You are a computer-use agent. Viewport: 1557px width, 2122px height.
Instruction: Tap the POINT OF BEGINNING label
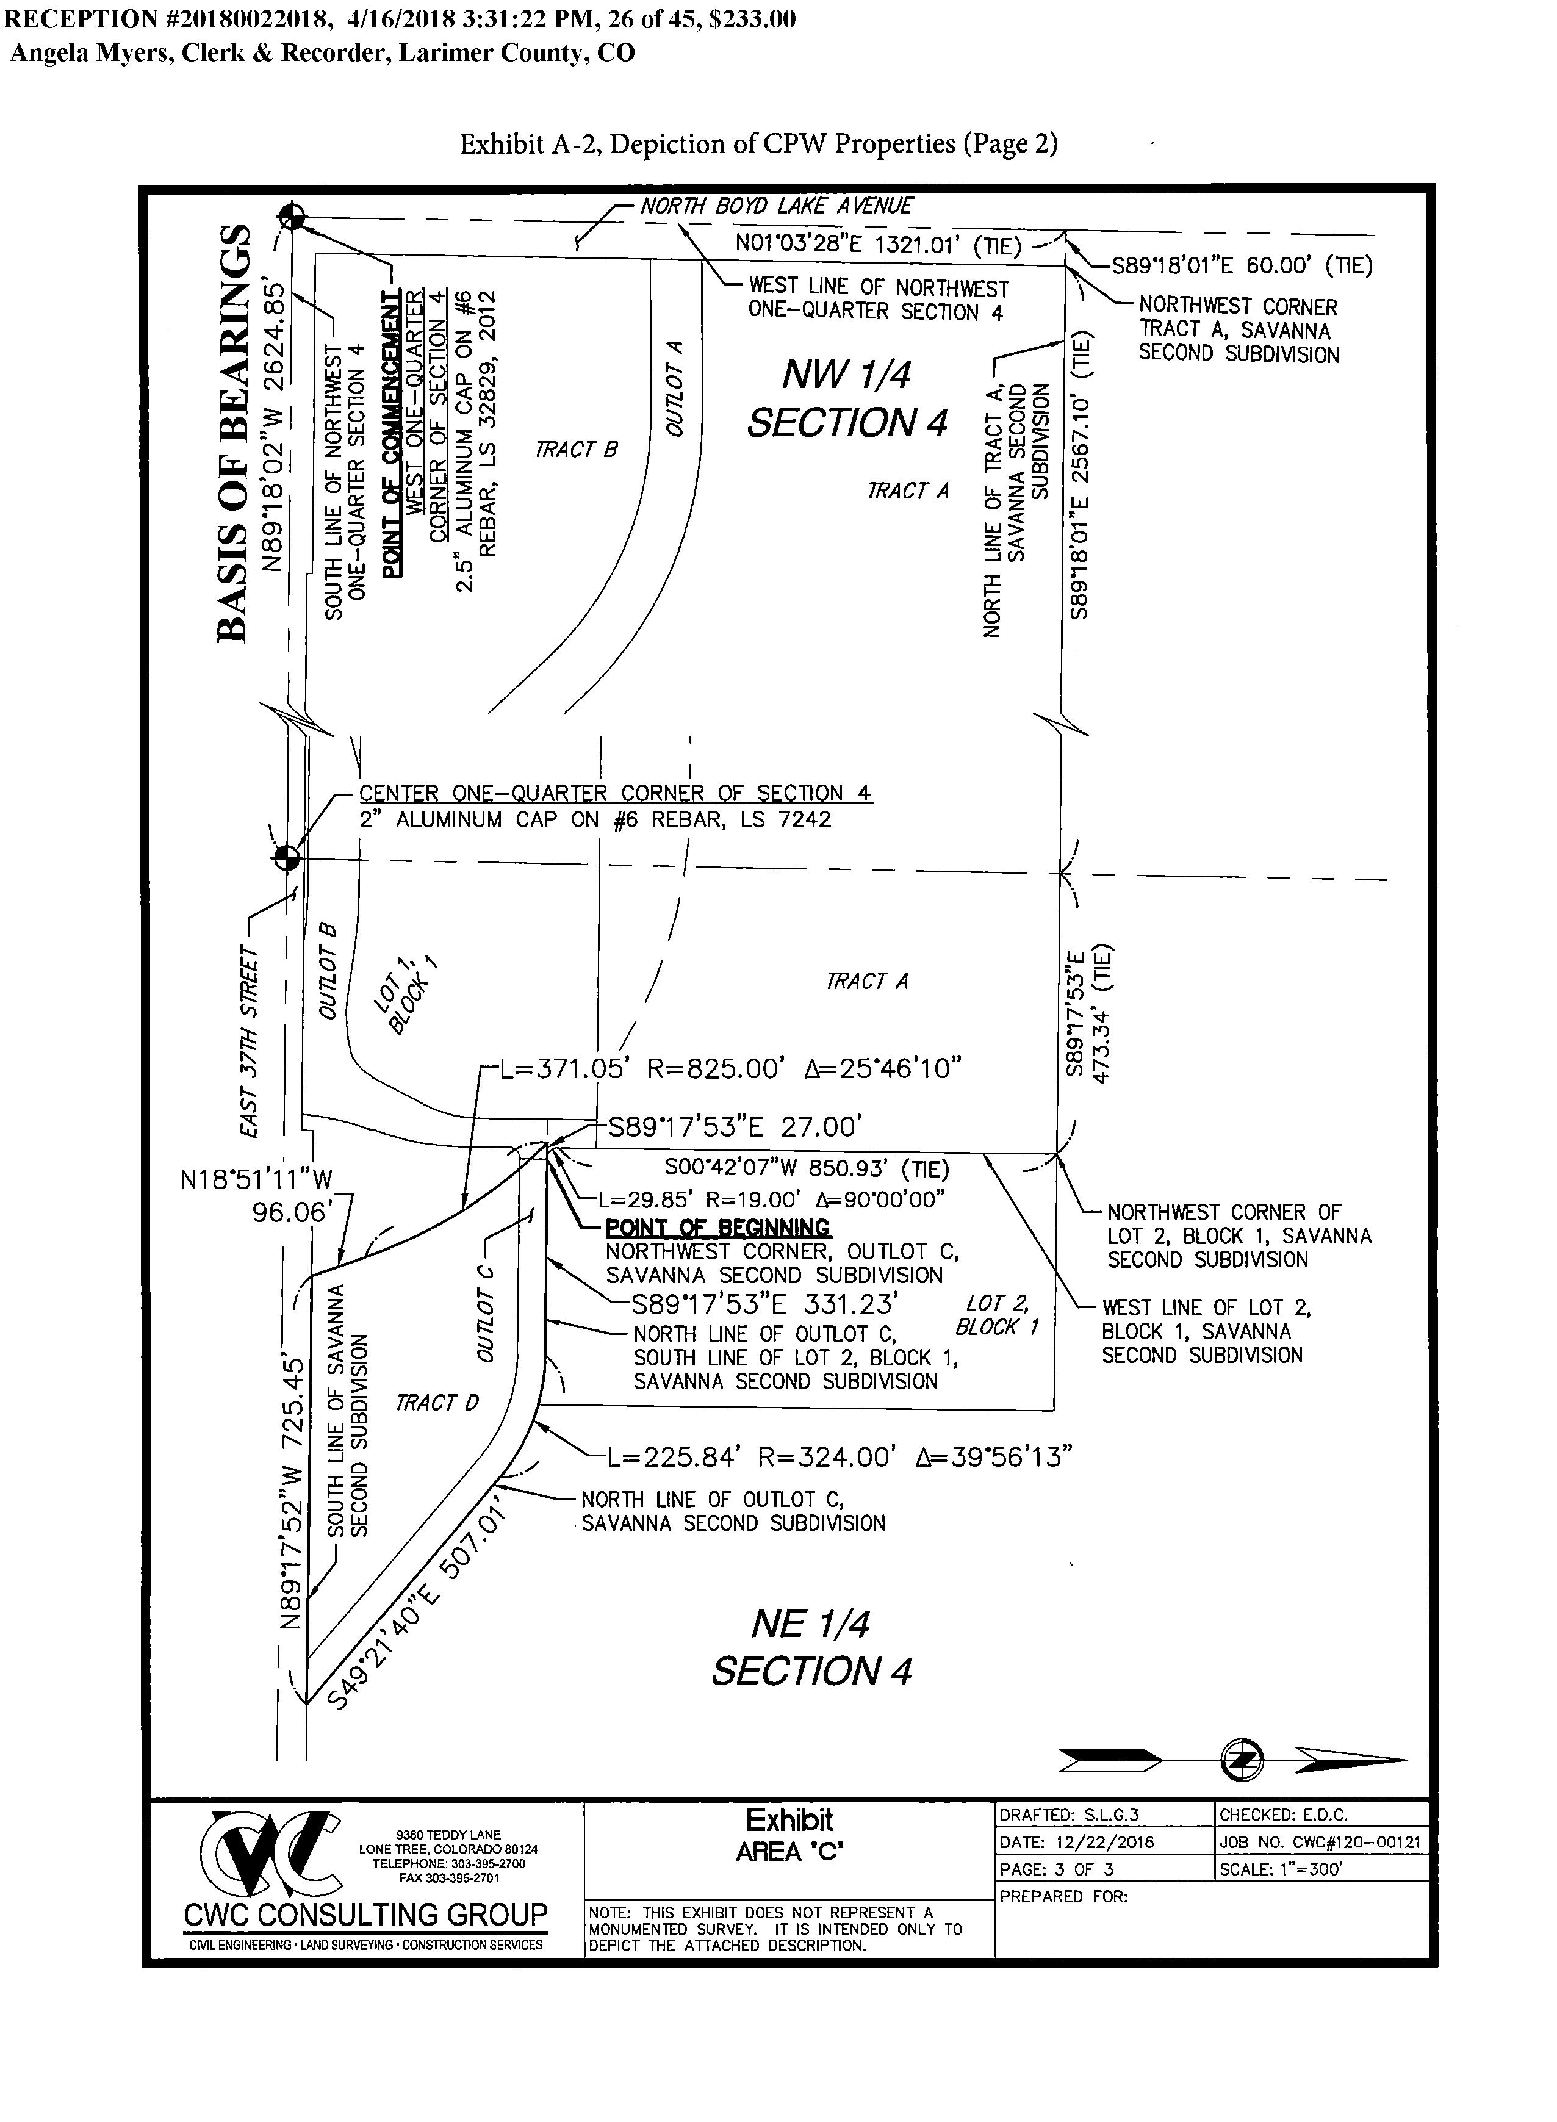[x=717, y=1228]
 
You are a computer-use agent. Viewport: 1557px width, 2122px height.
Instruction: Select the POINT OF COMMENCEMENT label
[x=390, y=433]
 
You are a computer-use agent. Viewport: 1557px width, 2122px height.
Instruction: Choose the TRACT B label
[x=576, y=450]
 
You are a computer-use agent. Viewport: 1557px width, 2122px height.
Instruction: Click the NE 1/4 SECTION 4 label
[x=811, y=1647]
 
